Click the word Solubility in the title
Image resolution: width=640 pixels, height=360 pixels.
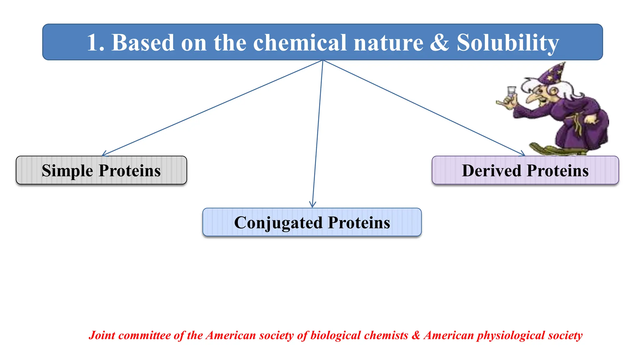coord(507,43)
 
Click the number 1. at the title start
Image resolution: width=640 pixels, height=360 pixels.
coord(95,43)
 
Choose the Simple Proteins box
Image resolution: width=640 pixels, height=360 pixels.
coord(101,170)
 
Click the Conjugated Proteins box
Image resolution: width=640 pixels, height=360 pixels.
coord(312,222)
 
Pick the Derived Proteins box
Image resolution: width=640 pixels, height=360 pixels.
coord(525,170)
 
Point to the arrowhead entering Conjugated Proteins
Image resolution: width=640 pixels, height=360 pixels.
coord(312,205)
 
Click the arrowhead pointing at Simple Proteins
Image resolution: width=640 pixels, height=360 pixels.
coord(104,154)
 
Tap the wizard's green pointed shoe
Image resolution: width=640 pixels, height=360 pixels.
coord(544,148)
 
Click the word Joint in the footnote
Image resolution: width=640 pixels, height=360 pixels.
coord(102,335)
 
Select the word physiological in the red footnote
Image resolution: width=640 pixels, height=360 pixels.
coord(511,335)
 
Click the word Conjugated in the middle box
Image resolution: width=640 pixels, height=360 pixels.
coord(278,223)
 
